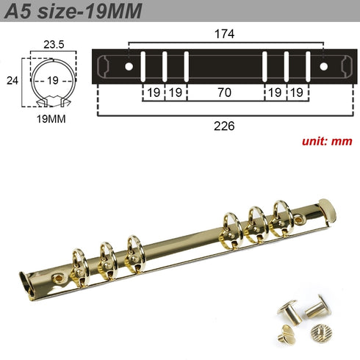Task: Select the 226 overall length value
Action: [225, 126]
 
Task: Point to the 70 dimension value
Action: [225, 93]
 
